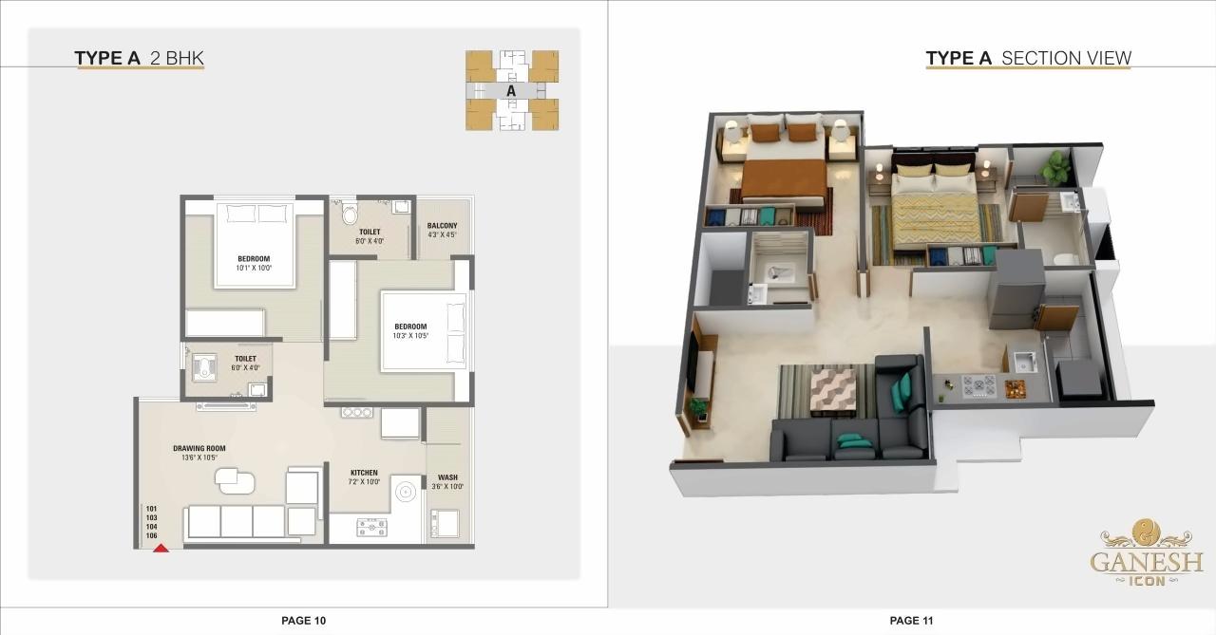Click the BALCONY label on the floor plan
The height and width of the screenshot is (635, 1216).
tap(442, 226)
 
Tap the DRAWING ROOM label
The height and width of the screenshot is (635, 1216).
tap(199, 448)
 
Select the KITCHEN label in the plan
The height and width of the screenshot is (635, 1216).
tap(364, 473)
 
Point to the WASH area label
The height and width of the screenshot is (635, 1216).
tap(447, 477)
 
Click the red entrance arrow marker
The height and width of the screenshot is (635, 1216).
tap(161, 548)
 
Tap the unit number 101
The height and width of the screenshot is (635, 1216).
tap(151, 509)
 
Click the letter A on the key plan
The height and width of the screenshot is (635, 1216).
tap(511, 91)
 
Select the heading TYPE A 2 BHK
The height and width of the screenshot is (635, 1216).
tap(140, 59)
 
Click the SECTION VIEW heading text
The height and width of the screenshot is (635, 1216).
tap(1066, 59)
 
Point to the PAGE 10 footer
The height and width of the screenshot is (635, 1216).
tap(303, 621)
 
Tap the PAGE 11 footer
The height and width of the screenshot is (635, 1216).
tap(912, 621)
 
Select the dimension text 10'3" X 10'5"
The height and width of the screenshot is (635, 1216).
tap(410, 336)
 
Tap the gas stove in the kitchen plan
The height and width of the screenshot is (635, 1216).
tap(371, 527)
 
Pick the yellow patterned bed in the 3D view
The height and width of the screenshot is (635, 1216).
tap(937, 214)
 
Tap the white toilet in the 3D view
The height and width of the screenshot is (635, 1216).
tap(1064, 257)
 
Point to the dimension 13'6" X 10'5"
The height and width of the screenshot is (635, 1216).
tap(199, 458)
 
